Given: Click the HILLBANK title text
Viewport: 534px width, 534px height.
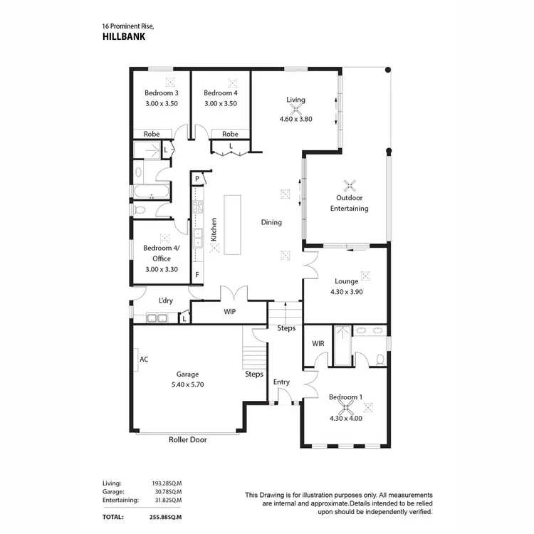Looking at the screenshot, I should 124,38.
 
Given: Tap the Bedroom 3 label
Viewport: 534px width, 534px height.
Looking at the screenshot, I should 161,93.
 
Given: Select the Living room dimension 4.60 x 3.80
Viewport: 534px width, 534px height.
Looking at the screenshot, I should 295,120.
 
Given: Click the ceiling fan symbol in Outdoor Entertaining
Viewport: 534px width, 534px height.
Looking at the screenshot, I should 349,185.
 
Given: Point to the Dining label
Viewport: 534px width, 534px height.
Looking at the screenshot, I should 271,222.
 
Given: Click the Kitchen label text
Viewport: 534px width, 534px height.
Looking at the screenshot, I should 214,228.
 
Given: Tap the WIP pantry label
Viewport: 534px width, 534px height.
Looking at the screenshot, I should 229,312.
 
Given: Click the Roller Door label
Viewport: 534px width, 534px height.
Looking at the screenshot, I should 187,440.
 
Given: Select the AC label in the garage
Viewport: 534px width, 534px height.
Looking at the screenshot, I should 143,360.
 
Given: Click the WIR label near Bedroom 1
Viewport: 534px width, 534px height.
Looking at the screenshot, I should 318,344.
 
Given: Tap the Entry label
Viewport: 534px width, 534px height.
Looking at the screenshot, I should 281,382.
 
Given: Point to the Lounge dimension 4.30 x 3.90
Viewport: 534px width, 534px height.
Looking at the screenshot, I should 346,291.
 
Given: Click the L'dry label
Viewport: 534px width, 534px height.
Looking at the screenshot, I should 165,300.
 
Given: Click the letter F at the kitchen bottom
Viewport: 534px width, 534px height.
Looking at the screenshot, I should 197,274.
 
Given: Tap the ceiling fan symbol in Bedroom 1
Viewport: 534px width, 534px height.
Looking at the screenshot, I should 348,407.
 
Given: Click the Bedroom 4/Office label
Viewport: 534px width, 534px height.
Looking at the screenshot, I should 161,253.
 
